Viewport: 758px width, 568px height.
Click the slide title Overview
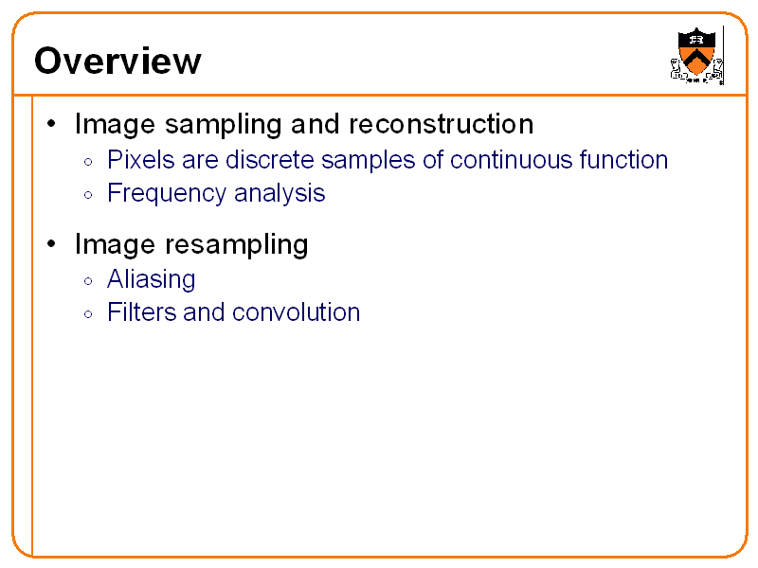117,61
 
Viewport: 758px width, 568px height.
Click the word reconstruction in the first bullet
441,124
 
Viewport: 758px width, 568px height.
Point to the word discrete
270,159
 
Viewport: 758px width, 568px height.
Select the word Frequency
167,194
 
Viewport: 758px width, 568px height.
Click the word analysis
280,194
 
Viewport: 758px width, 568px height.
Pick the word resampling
237,244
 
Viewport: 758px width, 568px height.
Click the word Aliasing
152,279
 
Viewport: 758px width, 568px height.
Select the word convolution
297,312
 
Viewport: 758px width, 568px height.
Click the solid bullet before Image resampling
51,243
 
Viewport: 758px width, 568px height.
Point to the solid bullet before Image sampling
51,124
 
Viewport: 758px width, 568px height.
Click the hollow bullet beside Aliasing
88,281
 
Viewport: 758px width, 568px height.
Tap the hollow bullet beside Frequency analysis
88,195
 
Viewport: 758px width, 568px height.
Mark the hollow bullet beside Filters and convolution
88,314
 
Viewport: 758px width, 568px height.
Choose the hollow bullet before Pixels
88,162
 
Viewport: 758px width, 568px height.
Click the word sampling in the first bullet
224,125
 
